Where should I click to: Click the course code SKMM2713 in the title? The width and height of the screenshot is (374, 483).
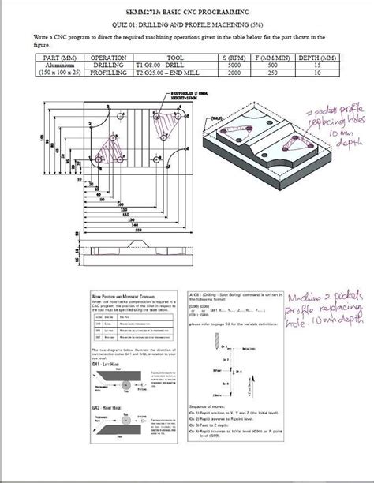(x=147, y=13)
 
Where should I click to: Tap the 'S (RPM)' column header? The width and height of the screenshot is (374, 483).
(x=230, y=58)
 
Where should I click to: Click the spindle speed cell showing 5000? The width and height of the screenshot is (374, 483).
(x=230, y=65)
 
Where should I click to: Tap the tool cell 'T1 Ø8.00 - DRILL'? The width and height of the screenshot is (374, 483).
(x=163, y=65)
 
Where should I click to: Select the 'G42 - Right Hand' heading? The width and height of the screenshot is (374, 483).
(x=107, y=388)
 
